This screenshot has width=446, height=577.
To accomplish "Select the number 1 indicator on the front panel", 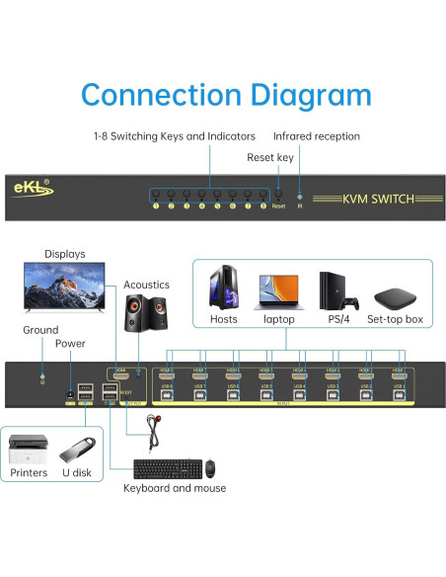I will click(155, 206).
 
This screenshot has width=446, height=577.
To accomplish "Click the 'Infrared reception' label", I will click(316, 136).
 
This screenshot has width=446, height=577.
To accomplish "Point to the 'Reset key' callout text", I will click(269, 157).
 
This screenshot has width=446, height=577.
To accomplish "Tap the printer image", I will click(29, 451).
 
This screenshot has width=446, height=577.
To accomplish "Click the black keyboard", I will click(165, 467).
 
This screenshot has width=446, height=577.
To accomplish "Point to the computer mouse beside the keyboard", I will click(210, 467).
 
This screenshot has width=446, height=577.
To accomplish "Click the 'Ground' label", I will click(39, 330).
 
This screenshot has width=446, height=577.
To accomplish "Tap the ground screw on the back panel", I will click(41, 378).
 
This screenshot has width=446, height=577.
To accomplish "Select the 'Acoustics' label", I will click(146, 285).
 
